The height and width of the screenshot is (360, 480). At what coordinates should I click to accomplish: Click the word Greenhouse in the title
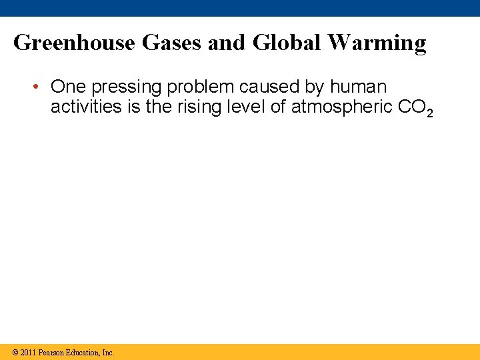(x=74, y=43)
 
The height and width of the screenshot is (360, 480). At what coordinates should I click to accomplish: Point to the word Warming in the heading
(x=378, y=43)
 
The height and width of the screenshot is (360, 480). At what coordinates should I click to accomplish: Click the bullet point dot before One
(x=39, y=87)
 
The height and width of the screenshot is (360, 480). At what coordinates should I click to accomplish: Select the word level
(x=245, y=107)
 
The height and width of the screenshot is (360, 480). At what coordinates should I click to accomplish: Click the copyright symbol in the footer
(x=15, y=352)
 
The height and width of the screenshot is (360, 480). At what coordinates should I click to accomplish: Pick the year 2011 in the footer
(x=29, y=352)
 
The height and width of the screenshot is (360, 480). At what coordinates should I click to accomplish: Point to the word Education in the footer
(x=84, y=352)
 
